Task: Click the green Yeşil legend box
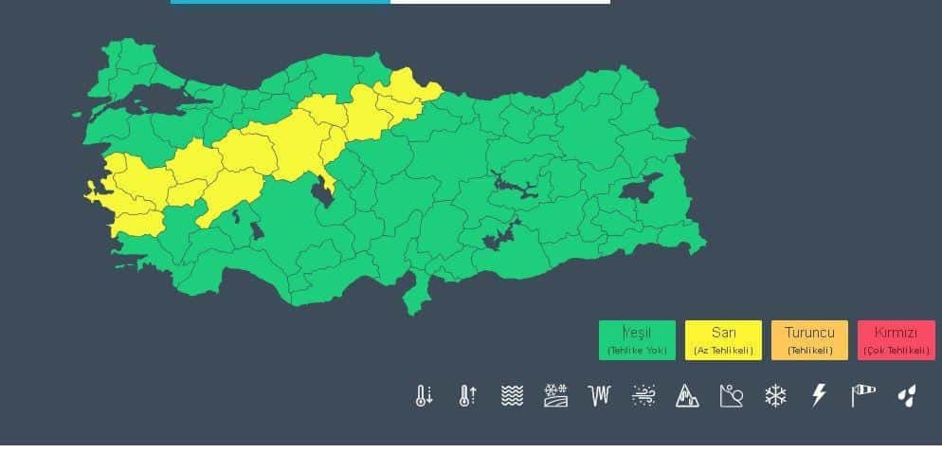click(637, 340)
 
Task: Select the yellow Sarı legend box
click(723, 340)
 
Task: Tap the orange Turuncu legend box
click(809, 340)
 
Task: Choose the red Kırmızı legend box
click(896, 340)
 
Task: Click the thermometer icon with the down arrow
click(424, 396)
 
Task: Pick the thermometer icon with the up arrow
click(467, 396)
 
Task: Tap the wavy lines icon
click(512, 396)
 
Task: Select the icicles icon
click(599, 396)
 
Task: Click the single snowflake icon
click(775, 396)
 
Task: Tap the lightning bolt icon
click(820, 396)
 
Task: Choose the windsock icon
click(862, 395)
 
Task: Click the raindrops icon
click(907, 396)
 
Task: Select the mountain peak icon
click(687, 396)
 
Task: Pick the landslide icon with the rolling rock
click(732, 396)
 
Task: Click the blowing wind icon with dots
click(643, 396)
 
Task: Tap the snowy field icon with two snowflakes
click(555, 396)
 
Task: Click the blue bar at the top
click(280, 2)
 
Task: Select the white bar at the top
click(499, 2)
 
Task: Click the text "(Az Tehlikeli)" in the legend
click(723, 351)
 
